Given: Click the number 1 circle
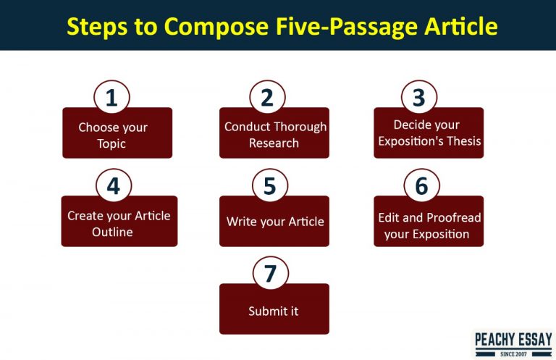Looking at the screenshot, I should point(111,98).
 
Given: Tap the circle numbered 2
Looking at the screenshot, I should point(267,98).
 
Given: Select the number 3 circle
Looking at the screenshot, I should point(419,98).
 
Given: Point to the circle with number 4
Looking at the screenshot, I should point(113,186).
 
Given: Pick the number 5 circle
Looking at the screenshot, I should point(269,186).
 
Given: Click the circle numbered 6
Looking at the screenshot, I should point(421,186).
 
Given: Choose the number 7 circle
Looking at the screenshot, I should point(270,273).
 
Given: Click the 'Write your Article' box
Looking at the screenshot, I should point(274,222).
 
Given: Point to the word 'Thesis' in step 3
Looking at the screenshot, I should point(464,141).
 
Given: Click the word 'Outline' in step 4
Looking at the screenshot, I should point(112,232).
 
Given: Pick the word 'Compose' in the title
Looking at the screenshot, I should point(208,27).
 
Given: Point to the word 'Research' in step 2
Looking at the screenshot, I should point(274,143).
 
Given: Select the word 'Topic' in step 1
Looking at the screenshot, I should point(111,143).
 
